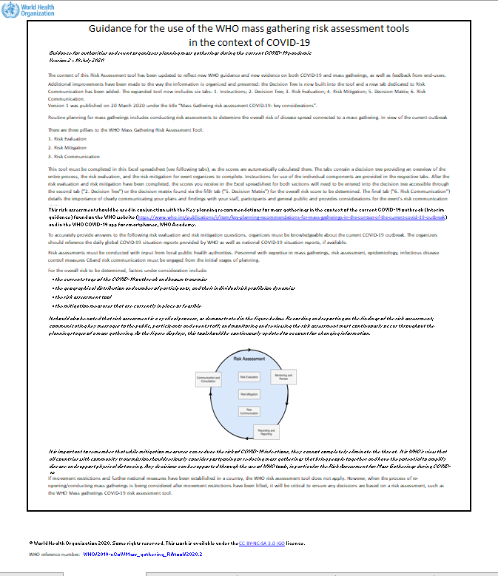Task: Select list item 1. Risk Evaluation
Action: [x=71, y=138]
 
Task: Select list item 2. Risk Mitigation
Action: [x=71, y=146]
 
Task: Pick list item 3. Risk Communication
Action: [x=76, y=156]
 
